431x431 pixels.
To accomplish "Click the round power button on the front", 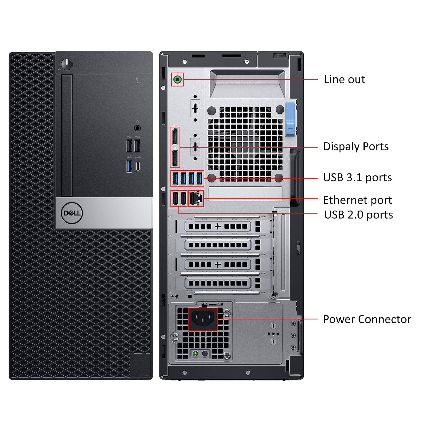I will point(67,64).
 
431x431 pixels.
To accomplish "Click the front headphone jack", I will point(137,128).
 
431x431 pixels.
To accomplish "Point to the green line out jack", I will point(178,79).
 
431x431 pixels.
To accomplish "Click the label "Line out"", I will point(344,80).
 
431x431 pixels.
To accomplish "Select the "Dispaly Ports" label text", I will point(356,147).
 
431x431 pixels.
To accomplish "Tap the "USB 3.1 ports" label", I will point(357,178).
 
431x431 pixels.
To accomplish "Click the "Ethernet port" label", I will point(357,200).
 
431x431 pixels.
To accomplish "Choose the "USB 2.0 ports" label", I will point(358,215).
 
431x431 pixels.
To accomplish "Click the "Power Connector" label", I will point(367,319).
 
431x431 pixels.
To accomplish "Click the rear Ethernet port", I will point(196,198).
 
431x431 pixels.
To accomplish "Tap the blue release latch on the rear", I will point(290,120).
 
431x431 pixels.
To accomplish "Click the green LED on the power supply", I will point(196,353).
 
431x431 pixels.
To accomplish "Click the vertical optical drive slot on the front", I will point(67,135).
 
